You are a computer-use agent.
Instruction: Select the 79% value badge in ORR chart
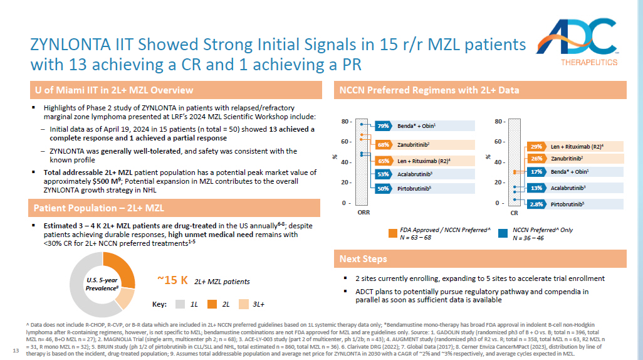coord(384,126)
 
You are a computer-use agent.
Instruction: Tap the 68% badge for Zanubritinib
coord(384,145)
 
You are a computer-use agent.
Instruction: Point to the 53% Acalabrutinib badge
coord(384,174)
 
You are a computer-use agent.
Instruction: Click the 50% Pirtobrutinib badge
coord(384,188)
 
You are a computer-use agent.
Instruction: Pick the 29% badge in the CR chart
coord(536,146)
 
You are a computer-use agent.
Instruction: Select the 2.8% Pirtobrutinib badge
coord(536,204)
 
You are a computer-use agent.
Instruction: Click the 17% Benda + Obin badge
coord(536,171)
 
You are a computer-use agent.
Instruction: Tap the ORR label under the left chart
coord(363,212)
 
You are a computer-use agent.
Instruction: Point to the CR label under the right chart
coord(515,212)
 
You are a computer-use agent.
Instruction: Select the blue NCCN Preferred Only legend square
coord(502,234)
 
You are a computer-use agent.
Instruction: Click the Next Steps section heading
coord(363,258)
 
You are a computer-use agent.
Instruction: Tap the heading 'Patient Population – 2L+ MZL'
coord(99,208)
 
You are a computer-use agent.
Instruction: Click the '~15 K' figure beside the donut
coord(172,280)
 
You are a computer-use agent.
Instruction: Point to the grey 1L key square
coord(180,304)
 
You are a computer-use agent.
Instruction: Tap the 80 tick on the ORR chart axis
coord(345,121)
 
